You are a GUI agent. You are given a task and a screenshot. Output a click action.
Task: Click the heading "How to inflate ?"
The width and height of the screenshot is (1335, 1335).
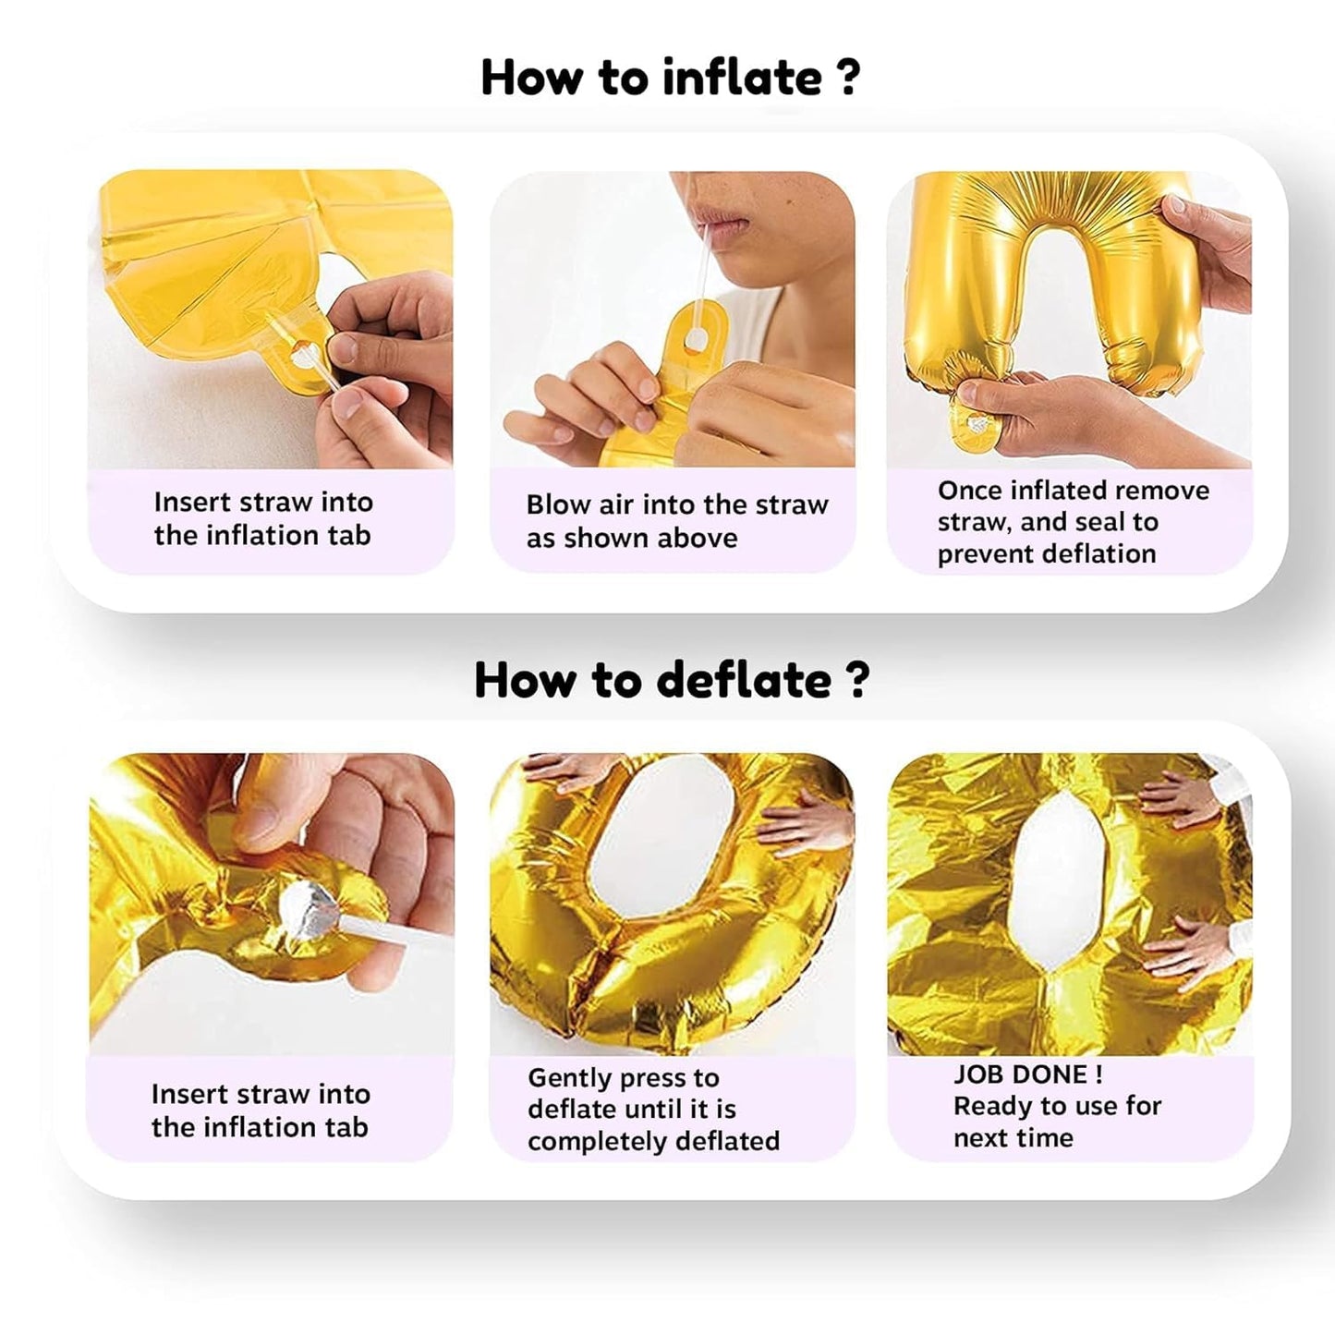[x=670, y=78]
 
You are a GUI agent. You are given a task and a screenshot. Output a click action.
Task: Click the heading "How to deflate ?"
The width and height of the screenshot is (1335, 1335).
[x=671, y=680]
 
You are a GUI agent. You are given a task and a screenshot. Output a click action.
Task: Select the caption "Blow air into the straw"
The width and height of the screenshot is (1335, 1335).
[x=677, y=504]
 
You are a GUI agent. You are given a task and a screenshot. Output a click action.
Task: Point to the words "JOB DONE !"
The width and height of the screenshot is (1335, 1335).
[x=1027, y=1074]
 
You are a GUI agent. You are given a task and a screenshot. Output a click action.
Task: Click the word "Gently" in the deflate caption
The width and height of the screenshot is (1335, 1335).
[x=569, y=1078]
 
